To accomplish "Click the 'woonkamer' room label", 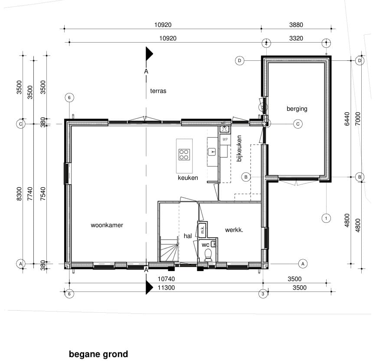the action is tap(107, 225).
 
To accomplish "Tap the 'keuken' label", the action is tap(188, 178).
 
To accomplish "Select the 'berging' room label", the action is tap(297, 109).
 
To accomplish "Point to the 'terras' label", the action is tap(158, 91).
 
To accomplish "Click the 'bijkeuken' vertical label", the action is tap(239, 148).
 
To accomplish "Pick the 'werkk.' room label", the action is tap(234, 230).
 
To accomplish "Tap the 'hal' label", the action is tap(188, 236).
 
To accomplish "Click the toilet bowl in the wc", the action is tap(208, 255).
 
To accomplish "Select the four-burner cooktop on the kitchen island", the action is tap(184, 155).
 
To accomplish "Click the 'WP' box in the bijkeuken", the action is tap(225, 139).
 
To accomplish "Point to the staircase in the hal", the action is tap(170, 249).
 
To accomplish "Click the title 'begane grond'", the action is tap(98, 354).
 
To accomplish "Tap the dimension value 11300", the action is tap(166, 288).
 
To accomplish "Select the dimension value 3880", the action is tap(296, 25).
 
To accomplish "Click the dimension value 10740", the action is tap(166, 279).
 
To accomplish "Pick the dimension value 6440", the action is tap(347, 119).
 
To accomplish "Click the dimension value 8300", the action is tap(20, 194).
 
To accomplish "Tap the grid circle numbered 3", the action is tap(263, 294).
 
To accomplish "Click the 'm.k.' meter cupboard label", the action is tap(202, 229).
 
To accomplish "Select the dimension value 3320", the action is tap(296, 38).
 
